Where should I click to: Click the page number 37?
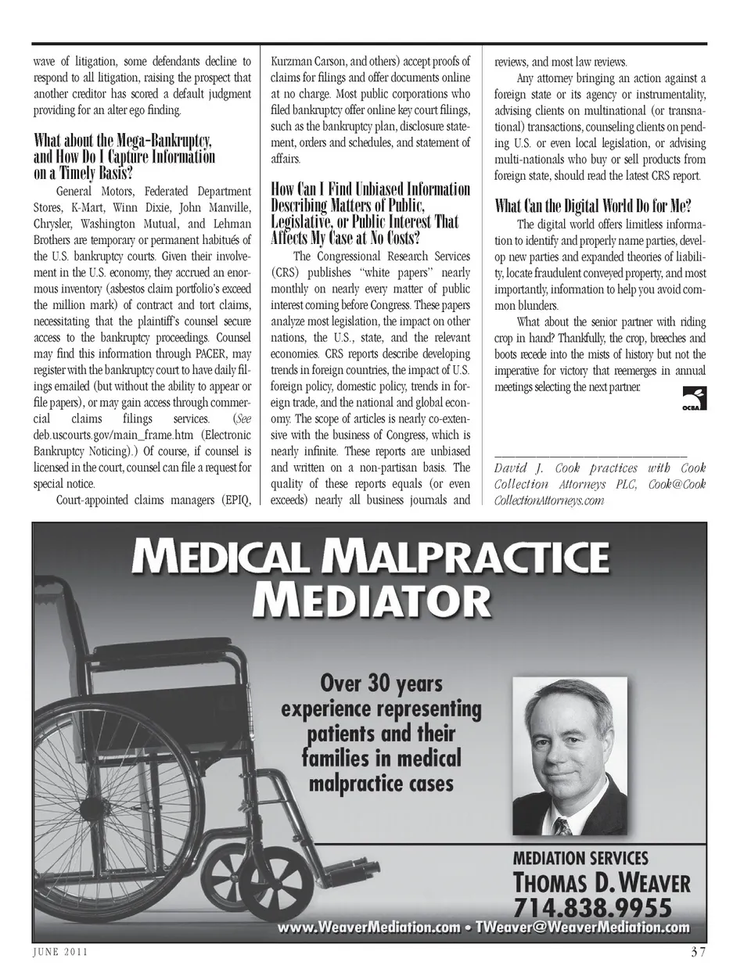698,952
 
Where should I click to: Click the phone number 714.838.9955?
592,907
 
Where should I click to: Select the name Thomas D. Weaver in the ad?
601,883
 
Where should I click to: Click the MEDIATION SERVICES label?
580,857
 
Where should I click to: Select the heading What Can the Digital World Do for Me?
593,206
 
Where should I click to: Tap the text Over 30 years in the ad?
381,684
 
